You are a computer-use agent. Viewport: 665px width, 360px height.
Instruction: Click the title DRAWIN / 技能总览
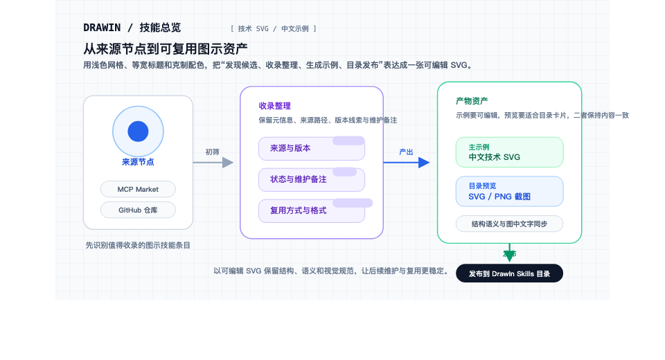pos(132,28)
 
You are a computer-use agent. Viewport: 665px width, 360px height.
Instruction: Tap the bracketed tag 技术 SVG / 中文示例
pos(273,29)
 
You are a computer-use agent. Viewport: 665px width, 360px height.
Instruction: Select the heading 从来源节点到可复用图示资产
pos(166,48)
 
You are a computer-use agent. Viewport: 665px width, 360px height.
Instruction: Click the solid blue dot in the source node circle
pos(138,131)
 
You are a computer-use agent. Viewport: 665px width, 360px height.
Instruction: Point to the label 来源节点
pos(138,162)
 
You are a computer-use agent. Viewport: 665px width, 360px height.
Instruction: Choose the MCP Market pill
pos(138,189)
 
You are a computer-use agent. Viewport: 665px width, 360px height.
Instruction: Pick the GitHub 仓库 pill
pos(138,210)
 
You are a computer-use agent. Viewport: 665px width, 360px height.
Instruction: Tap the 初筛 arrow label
pos(212,152)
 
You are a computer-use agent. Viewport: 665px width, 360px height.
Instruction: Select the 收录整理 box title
pos(274,106)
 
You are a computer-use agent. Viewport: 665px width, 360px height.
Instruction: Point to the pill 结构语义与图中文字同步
pos(509,224)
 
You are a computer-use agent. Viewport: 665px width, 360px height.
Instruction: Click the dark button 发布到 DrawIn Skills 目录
pos(509,273)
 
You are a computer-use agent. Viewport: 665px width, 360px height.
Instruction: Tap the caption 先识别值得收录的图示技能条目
pos(138,245)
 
